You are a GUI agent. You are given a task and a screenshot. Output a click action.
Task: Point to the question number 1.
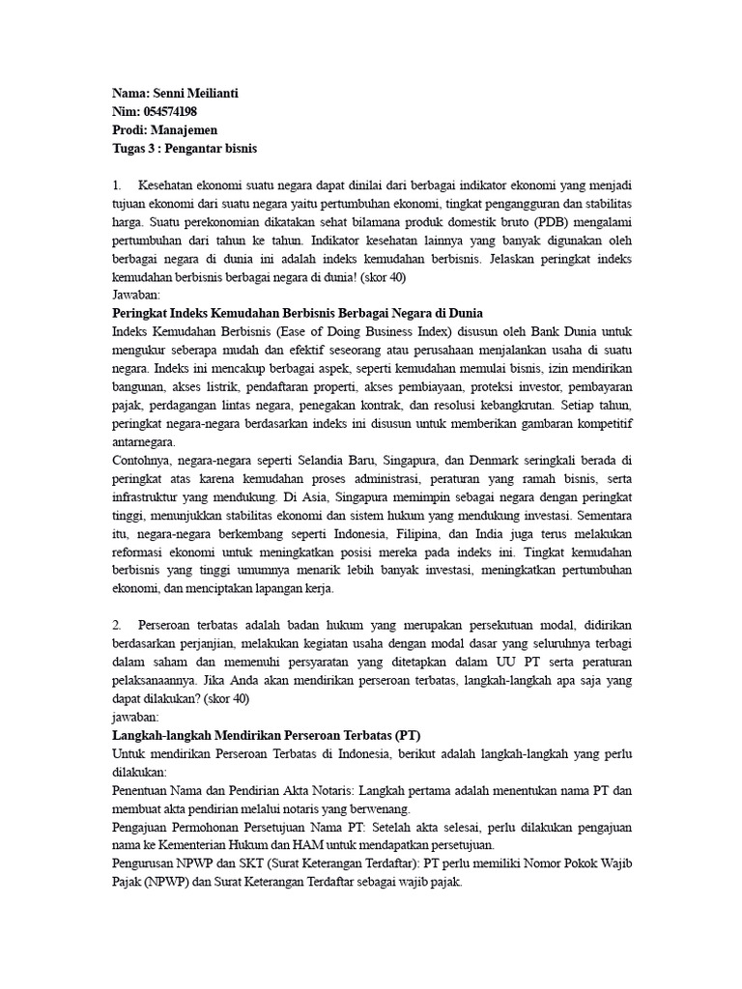pos(117,184)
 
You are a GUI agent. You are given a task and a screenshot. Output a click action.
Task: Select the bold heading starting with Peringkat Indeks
pos(298,313)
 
